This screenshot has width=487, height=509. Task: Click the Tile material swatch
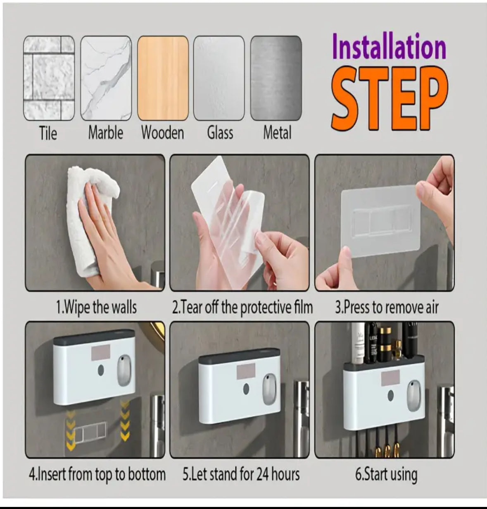(x=49, y=78)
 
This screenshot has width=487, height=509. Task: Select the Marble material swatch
(x=106, y=78)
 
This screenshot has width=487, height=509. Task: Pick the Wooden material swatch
(x=163, y=78)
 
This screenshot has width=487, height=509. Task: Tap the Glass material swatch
(x=219, y=78)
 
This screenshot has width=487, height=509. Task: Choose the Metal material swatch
(x=276, y=78)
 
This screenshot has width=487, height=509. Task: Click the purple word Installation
(x=389, y=47)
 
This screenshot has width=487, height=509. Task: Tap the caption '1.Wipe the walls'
(x=96, y=307)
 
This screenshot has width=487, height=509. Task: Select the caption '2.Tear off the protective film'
(x=242, y=307)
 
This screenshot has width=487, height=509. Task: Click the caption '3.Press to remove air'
(x=387, y=307)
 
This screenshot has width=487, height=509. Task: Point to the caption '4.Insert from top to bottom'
(x=97, y=474)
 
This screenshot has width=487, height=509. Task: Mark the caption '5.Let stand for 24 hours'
(x=241, y=474)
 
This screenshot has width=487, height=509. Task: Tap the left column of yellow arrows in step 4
(x=71, y=429)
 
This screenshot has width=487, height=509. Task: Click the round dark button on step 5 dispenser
(x=246, y=390)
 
